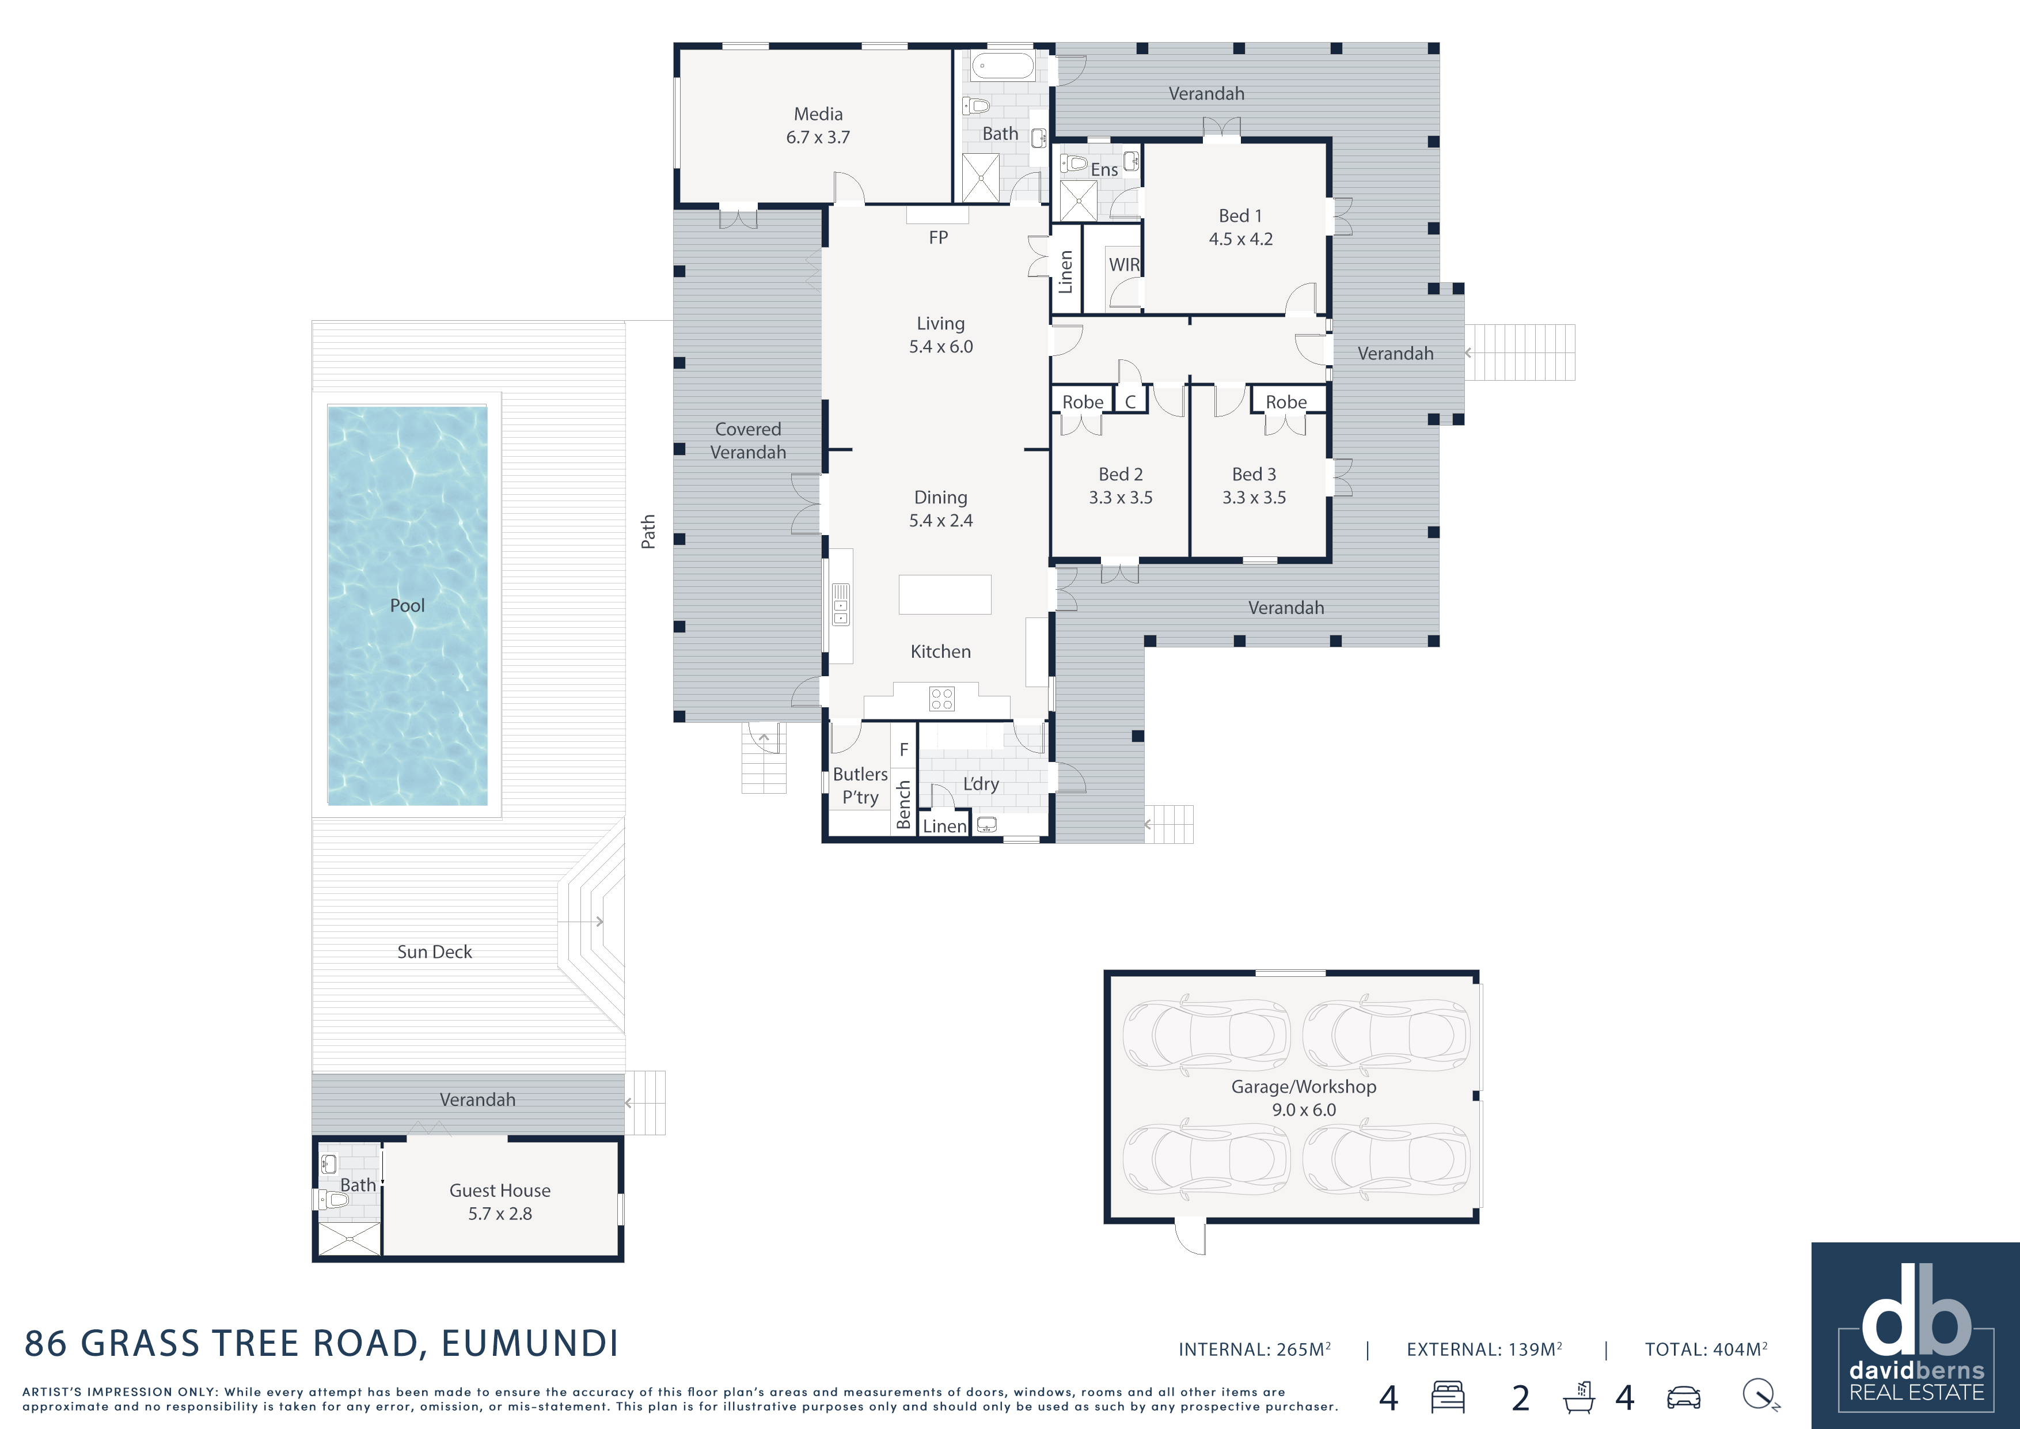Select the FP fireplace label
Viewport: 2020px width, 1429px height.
coord(939,237)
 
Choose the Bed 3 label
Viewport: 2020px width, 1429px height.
coord(1254,474)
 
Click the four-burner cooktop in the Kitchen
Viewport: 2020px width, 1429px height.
coord(941,699)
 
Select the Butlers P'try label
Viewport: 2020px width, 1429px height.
coord(860,786)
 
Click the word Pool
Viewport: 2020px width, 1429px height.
coord(407,605)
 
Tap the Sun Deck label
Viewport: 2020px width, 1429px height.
coord(435,952)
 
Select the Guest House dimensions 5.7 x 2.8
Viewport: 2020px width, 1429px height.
coord(500,1214)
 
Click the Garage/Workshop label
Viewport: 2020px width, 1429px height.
coord(1304,1087)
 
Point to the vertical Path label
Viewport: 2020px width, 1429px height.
coord(648,532)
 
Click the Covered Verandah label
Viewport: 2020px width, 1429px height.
coord(748,441)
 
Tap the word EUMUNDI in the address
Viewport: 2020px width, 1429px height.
coord(530,1344)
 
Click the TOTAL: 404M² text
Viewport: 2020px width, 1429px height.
coord(1707,1349)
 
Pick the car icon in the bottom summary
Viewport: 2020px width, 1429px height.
coord(1684,1397)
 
